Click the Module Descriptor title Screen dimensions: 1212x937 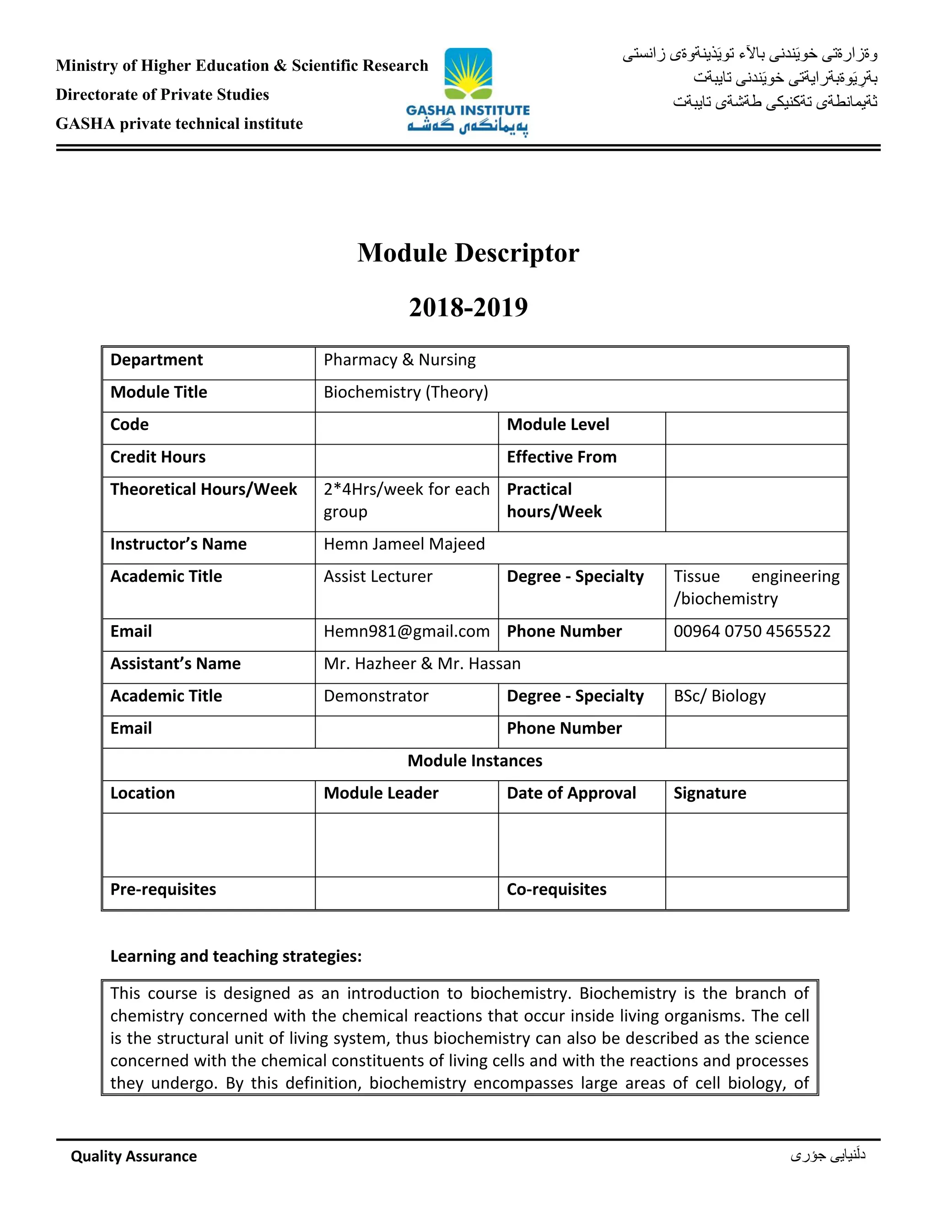[x=468, y=253]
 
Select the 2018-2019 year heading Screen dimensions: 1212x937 [x=468, y=307]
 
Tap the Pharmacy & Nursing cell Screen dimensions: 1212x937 [x=400, y=360]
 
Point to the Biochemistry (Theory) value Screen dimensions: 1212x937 [x=406, y=392]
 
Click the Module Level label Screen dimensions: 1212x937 [x=558, y=424]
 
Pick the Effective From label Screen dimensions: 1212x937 [x=562, y=457]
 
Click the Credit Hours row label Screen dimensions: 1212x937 [x=158, y=457]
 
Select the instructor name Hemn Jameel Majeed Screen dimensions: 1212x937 [x=404, y=544]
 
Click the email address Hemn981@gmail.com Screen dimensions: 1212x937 [x=406, y=632]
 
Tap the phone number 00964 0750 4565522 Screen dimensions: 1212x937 [x=752, y=632]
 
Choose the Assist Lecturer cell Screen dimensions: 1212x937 [x=377, y=577]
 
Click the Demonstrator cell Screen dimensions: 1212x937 [x=376, y=696]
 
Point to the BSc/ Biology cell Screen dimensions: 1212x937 [x=719, y=696]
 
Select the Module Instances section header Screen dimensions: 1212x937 [x=474, y=761]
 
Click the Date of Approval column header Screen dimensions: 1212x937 [x=571, y=793]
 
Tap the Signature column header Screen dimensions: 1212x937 [x=710, y=793]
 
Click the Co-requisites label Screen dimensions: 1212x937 [x=556, y=890]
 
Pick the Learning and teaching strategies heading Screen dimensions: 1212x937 [x=236, y=956]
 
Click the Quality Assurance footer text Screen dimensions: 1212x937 [x=134, y=1156]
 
